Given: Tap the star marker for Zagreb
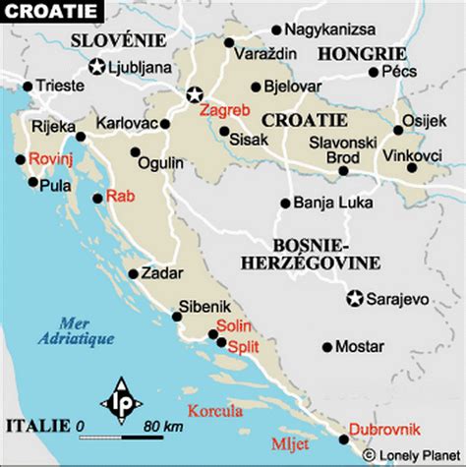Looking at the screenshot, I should (x=195, y=94).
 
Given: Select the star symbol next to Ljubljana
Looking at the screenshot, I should (x=97, y=68).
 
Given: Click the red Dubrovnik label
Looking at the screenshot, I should (x=383, y=426).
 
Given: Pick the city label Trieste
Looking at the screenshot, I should (x=60, y=86).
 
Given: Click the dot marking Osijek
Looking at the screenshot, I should (x=398, y=129).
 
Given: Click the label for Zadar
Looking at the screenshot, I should (x=160, y=274).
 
